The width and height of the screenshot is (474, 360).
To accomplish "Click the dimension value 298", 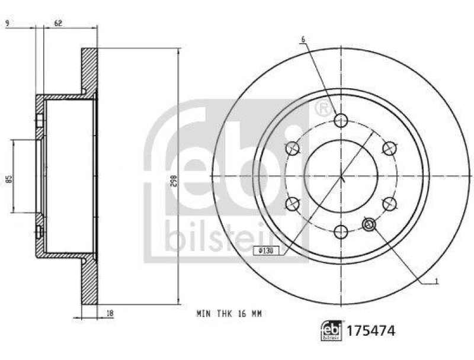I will (172, 176).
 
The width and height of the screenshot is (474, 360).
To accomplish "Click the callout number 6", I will (302, 40).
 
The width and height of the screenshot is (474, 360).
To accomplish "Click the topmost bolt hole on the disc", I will (341, 120).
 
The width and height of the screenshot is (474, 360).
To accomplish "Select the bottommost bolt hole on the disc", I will (341, 232).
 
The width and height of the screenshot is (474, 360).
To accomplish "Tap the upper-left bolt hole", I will (292, 148).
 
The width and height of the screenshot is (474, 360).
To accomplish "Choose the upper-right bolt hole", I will (389, 148).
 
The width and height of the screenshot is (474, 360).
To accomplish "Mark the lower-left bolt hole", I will (292, 204).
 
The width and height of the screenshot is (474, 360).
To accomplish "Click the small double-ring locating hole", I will (369, 224).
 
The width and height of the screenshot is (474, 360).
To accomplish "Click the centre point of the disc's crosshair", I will (341, 176).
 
